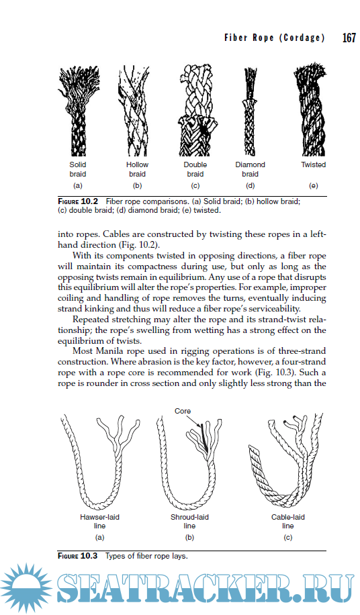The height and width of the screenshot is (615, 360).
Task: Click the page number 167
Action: [x=349, y=38]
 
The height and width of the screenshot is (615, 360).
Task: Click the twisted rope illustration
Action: [x=312, y=111]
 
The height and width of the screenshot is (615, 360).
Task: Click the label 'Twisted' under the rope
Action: [x=313, y=164]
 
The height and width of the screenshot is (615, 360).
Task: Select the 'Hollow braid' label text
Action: [x=137, y=169]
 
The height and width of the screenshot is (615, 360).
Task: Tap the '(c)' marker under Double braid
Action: [x=195, y=185]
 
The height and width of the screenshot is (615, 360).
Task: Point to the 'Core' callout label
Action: [x=183, y=410]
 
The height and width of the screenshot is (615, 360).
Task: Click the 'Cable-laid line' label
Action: [x=287, y=522]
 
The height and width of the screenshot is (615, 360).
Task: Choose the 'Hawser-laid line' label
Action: [x=99, y=522]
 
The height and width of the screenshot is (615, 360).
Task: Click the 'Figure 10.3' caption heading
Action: [x=78, y=556]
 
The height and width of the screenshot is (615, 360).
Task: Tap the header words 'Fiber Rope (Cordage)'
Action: [x=274, y=38]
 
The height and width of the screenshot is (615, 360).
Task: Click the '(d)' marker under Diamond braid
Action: [x=250, y=185]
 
